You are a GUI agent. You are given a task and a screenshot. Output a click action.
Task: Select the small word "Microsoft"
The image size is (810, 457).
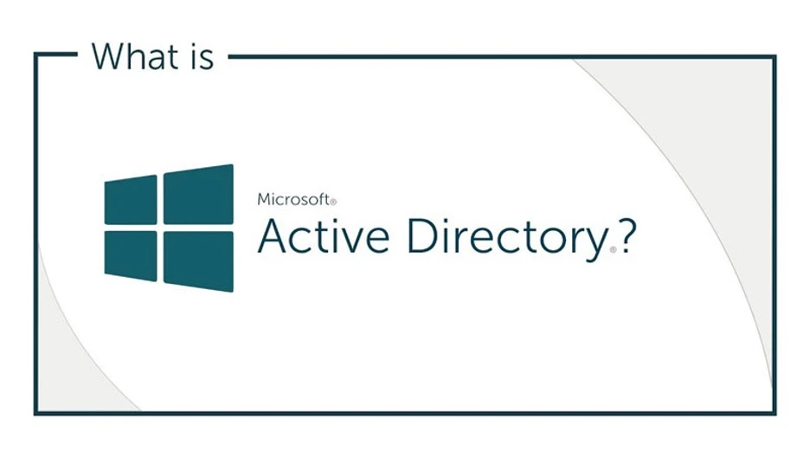(293, 199)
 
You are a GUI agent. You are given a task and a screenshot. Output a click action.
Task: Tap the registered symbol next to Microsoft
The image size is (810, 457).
(333, 202)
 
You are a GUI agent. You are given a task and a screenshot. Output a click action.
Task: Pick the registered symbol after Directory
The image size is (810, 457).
(613, 249)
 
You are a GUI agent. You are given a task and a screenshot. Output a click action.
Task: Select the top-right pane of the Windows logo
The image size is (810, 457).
(198, 195)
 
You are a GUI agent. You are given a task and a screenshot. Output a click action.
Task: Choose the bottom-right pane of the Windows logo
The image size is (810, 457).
(198, 260)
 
